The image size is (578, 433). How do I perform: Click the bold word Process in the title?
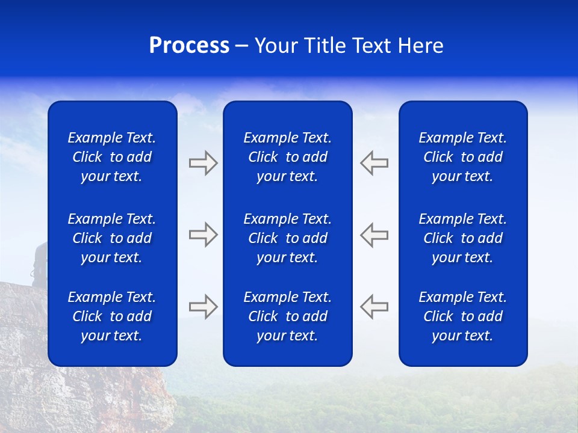tap(189, 46)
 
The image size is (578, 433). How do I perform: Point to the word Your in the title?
tap(276, 46)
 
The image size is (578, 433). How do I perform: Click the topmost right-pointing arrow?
tap(204, 163)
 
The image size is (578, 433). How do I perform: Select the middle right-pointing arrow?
tap(204, 235)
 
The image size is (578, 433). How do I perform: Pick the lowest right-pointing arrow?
tap(204, 307)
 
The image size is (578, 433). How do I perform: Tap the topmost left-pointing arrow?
tap(374, 163)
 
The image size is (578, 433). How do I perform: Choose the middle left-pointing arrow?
tap(374, 235)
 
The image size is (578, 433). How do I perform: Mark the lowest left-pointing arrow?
tap(374, 307)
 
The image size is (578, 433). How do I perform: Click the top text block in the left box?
tap(112, 157)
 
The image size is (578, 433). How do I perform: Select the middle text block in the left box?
tap(112, 238)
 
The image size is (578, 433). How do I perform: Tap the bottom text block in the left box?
tap(112, 316)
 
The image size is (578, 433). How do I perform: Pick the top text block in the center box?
tap(287, 157)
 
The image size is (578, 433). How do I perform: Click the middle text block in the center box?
tap(287, 238)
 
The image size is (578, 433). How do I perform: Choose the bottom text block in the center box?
tap(287, 316)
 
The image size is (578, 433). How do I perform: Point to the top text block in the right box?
tap(462, 157)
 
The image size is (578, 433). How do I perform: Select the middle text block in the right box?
tap(462, 238)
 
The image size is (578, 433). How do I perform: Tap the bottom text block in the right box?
tap(462, 316)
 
